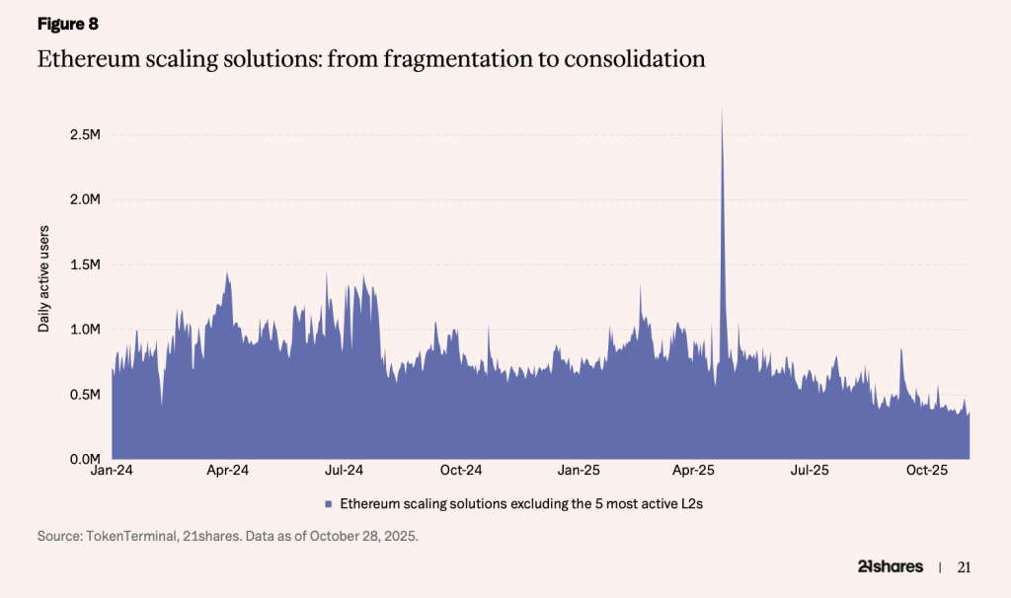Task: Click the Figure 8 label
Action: click(x=68, y=24)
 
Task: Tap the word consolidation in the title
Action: click(x=635, y=58)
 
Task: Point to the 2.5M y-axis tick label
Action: click(x=85, y=134)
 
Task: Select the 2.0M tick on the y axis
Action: click(x=85, y=199)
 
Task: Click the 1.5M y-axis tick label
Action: click(x=85, y=264)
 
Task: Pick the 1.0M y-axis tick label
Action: click(x=85, y=330)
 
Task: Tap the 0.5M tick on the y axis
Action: click(x=85, y=395)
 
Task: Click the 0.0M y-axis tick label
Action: click(x=85, y=459)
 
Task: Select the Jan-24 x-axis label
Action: click(x=112, y=471)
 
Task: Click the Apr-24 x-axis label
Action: click(x=228, y=471)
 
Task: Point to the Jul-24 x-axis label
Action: click(x=344, y=471)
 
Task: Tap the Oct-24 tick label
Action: click(x=461, y=471)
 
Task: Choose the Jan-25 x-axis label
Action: click(x=579, y=471)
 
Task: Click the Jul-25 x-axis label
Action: click(x=810, y=471)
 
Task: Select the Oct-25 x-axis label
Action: click(x=927, y=471)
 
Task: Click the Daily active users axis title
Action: click(x=43, y=279)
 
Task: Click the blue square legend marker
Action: click(x=328, y=504)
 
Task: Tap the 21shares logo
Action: click(x=891, y=566)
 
